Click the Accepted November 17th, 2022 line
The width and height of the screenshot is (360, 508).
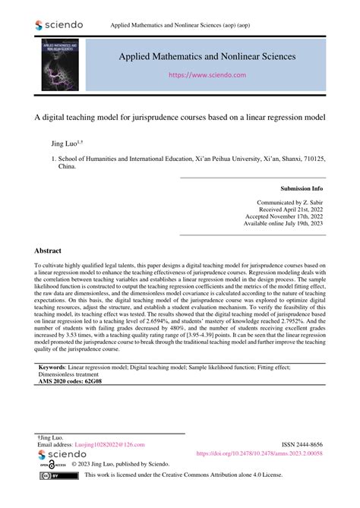284,216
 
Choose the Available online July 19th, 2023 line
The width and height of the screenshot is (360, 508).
283,224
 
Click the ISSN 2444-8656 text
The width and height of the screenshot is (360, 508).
295,444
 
